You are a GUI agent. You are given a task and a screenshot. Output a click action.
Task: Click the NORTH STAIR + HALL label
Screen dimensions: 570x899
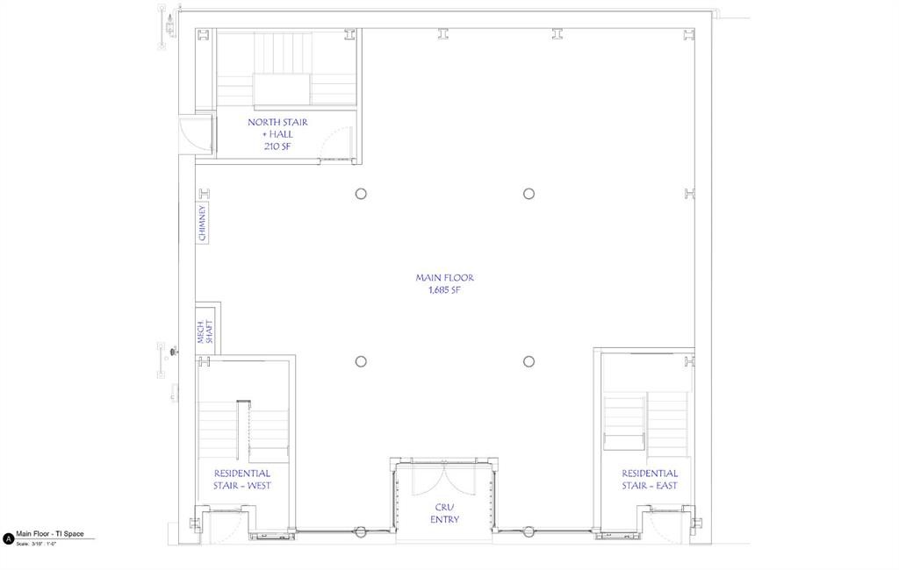point(277,128)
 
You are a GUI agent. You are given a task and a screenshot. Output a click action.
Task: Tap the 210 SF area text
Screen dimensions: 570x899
point(277,146)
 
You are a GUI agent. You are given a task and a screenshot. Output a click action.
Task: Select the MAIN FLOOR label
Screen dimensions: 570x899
point(445,277)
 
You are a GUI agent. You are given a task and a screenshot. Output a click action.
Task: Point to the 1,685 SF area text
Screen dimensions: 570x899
point(445,289)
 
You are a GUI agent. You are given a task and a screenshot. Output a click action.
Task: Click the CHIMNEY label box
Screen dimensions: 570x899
point(203,224)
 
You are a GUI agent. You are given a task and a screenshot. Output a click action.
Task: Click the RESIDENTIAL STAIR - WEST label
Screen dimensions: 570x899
point(241,479)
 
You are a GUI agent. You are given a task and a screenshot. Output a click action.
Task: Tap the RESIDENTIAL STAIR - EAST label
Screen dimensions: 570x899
point(650,479)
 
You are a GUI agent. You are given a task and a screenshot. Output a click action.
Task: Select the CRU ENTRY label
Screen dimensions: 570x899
point(444,513)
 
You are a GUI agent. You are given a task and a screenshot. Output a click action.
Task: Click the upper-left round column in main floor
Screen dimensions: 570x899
point(361,194)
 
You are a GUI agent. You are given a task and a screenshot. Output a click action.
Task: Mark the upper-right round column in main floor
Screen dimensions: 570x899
point(529,194)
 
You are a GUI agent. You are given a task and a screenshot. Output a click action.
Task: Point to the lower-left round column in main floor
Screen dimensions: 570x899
point(361,361)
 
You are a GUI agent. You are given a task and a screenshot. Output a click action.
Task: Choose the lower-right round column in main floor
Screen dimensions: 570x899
point(529,361)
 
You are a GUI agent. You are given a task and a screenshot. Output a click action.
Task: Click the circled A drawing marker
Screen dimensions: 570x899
point(8,539)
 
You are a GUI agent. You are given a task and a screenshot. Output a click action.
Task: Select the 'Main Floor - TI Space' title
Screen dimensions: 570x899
point(51,534)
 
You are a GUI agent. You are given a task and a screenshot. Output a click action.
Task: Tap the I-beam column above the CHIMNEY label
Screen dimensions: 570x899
point(204,193)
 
